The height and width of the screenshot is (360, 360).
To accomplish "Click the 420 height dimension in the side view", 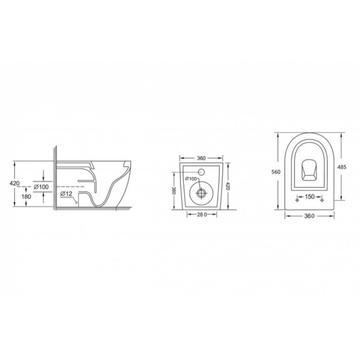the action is [x=14, y=183].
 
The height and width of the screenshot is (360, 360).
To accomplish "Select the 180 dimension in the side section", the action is [x=26, y=196].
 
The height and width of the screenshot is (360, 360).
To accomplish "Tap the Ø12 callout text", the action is [x=66, y=194].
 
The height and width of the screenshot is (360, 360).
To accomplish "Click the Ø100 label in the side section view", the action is [x=41, y=187].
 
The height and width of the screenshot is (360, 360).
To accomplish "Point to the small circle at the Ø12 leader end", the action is [x=76, y=203].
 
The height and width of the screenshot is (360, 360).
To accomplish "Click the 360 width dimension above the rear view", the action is [x=201, y=158].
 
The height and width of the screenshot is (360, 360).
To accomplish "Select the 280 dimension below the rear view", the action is [x=202, y=214].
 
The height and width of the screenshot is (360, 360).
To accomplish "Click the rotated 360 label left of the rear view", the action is [x=174, y=190].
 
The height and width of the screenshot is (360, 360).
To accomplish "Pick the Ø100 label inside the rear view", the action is [x=191, y=179].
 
